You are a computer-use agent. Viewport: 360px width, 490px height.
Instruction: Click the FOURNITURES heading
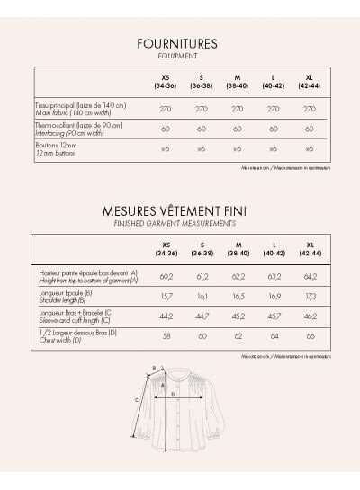click(177, 43)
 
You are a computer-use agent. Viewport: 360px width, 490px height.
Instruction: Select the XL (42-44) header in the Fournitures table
click(309, 82)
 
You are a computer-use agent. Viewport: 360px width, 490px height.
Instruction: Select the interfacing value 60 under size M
click(238, 129)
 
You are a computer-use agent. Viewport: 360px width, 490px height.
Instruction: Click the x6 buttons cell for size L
click(273, 148)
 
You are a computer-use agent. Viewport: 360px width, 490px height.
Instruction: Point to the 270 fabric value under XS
click(166, 108)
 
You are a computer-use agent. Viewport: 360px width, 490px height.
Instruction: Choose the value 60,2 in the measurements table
click(166, 277)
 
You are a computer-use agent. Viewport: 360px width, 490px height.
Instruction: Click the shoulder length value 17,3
click(309, 296)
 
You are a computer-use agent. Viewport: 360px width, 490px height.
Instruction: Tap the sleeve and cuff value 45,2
click(238, 316)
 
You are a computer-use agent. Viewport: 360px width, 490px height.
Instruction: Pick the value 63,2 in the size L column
click(273, 277)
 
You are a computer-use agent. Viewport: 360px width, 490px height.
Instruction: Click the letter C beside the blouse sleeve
click(136, 399)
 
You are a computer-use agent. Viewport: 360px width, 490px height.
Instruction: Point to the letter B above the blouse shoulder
click(153, 367)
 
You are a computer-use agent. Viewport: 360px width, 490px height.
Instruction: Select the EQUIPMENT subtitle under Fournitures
click(177, 55)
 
